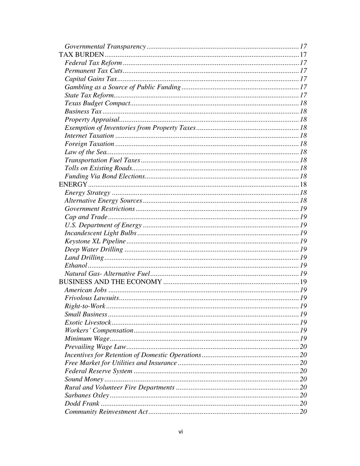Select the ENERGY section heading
point(73,185)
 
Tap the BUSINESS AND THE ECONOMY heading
point(110,282)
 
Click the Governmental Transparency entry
point(105,47)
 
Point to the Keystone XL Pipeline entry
point(95,241)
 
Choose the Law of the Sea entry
point(86,152)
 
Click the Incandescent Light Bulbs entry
point(100,233)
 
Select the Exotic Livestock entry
point(88,322)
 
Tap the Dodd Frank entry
point(82,404)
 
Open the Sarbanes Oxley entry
point(87,396)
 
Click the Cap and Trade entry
point(86,217)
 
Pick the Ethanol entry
point(76,266)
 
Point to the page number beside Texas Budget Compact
point(303,103)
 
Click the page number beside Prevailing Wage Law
point(303,347)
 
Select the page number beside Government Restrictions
point(303,209)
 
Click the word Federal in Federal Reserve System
point(75,371)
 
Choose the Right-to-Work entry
point(85,306)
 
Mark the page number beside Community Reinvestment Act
point(303,412)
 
